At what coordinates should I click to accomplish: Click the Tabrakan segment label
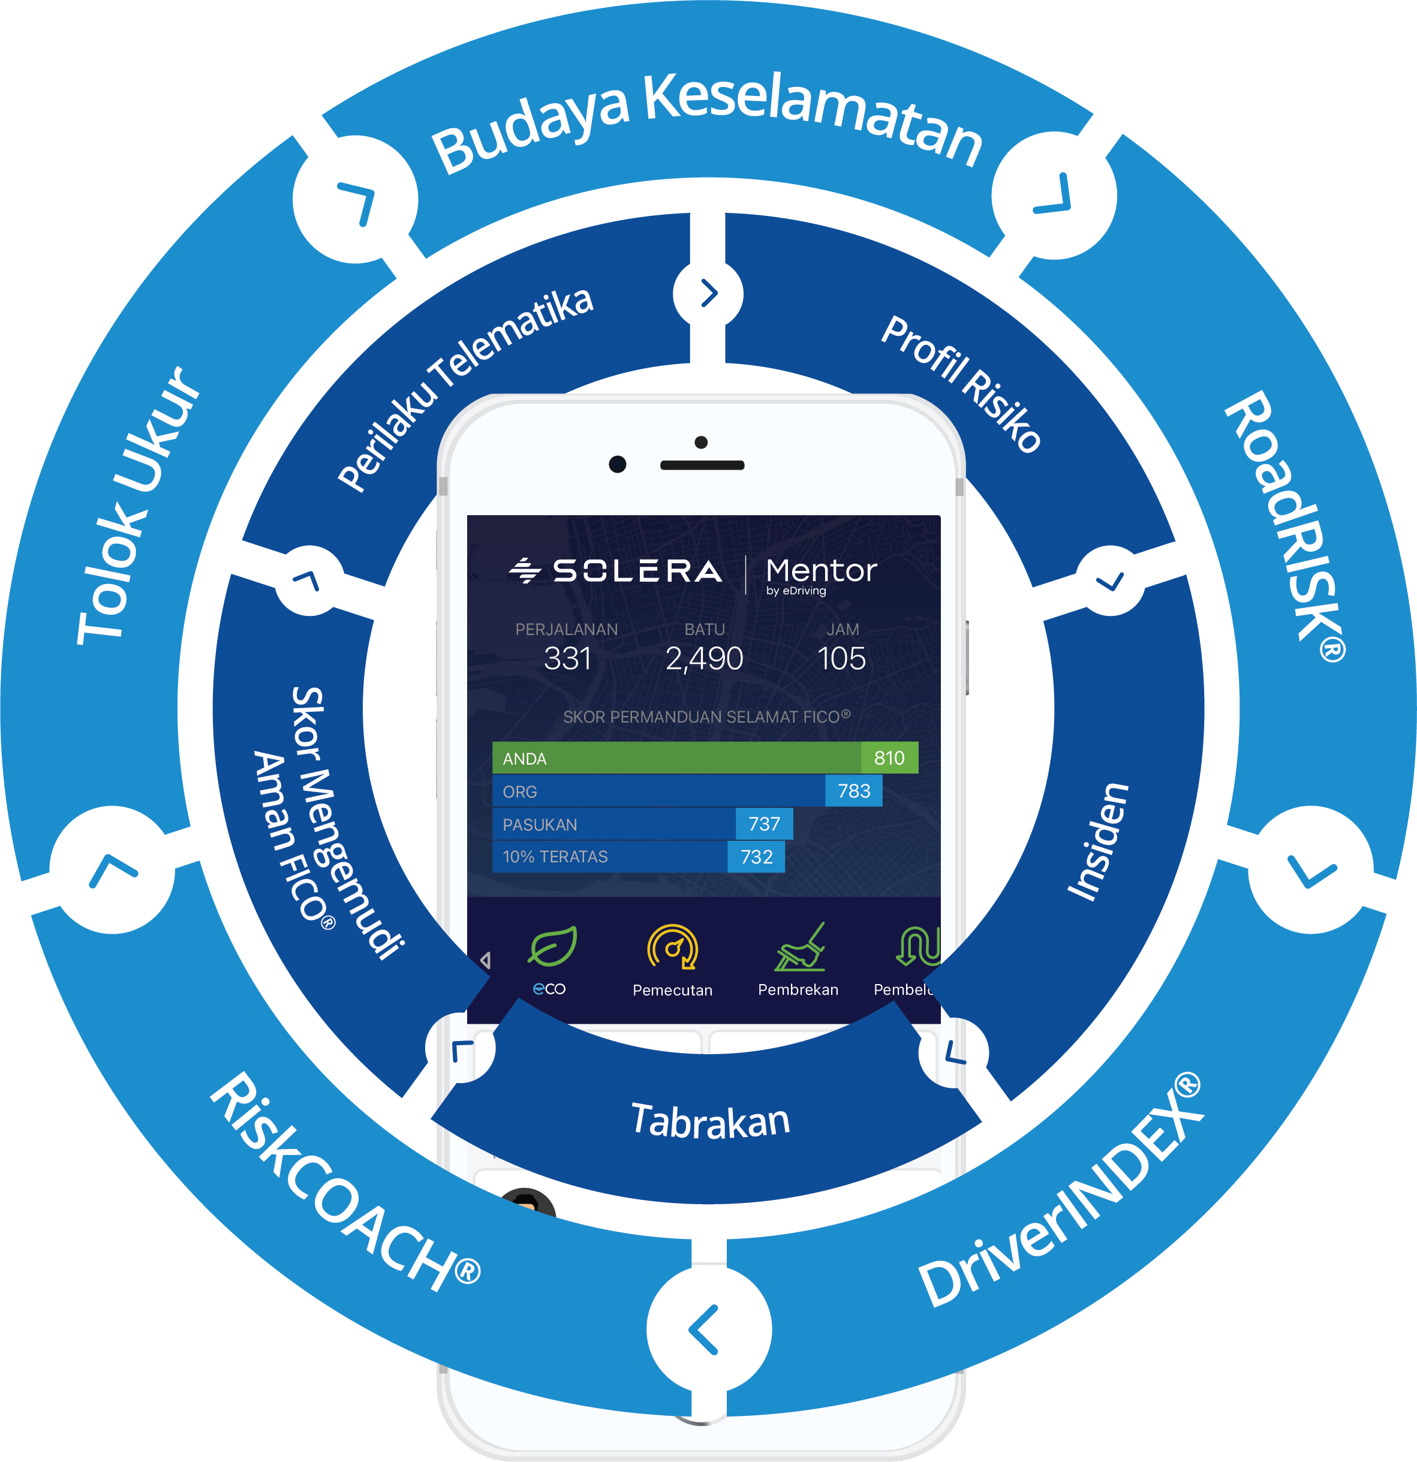click(x=710, y=1121)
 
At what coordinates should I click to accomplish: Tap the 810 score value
click(x=889, y=758)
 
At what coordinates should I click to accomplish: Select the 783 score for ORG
click(x=854, y=791)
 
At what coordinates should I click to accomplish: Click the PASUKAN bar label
click(x=540, y=824)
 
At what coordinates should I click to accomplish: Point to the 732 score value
click(x=756, y=856)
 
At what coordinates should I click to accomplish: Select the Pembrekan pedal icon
click(x=799, y=948)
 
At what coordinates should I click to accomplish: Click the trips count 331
click(x=567, y=658)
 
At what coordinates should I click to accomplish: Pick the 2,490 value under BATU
click(x=704, y=658)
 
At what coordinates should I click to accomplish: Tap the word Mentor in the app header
click(x=821, y=571)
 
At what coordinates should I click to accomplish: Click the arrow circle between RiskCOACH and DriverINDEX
click(x=709, y=1330)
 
